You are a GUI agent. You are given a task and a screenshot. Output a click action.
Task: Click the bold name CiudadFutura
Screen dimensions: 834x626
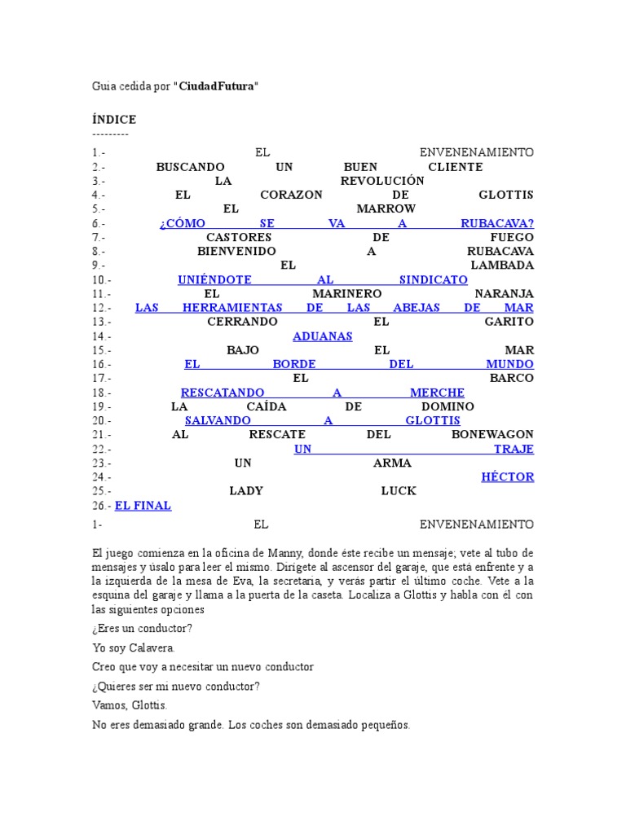(218, 86)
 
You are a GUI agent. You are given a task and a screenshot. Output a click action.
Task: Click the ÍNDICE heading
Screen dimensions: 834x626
(114, 120)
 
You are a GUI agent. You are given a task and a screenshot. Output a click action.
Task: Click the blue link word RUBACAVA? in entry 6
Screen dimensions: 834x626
(497, 223)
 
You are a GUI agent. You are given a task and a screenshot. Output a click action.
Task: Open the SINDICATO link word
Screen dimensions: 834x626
(434, 279)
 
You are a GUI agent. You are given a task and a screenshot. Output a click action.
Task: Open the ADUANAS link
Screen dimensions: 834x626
(323, 336)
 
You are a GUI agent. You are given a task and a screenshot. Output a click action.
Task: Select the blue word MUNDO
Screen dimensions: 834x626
(509, 364)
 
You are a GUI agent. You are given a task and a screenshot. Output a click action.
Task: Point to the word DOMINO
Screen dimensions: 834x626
(447, 406)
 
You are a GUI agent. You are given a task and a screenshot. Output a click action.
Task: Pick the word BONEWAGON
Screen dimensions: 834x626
(492, 435)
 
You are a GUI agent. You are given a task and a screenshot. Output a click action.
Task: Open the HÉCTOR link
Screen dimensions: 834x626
(508, 477)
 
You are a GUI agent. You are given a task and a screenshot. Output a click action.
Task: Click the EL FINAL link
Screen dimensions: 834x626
(143, 506)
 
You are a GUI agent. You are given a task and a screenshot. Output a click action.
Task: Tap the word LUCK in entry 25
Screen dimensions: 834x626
(399, 491)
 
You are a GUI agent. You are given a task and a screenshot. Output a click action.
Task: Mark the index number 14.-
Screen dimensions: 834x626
(103, 336)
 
